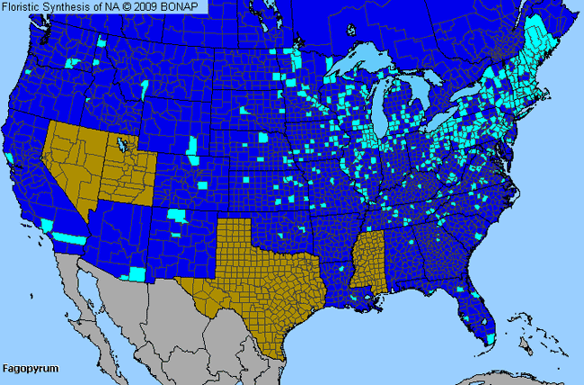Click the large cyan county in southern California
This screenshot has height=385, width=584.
click(x=67, y=237)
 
